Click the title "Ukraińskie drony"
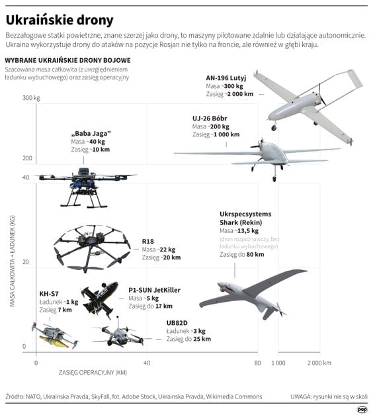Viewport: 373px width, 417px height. (60, 21)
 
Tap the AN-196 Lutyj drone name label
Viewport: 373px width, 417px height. (226, 78)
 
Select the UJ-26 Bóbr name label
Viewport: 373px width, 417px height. (210, 118)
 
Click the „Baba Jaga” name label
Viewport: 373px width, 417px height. (91, 134)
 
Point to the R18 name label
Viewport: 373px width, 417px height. (147, 242)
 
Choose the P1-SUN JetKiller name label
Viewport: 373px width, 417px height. (154, 290)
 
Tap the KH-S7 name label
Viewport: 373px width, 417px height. (49, 294)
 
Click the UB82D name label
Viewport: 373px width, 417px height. (177, 323)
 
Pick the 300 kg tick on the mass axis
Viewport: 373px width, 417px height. (31, 98)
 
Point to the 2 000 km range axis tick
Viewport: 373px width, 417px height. (319, 363)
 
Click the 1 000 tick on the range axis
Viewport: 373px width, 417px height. (278, 363)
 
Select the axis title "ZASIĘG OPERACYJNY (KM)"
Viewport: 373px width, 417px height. (93, 373)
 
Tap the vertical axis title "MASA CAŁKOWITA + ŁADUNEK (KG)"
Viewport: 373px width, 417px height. (13, 261)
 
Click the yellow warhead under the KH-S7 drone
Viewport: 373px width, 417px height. (54, 341)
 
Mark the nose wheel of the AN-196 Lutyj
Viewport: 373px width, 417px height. (274, 128)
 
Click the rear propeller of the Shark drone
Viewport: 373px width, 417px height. (280, 310)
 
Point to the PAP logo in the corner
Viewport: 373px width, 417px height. (362, 410)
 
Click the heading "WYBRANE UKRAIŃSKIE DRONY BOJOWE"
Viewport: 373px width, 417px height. (67, 60)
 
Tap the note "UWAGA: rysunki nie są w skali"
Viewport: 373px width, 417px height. (329, 396)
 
